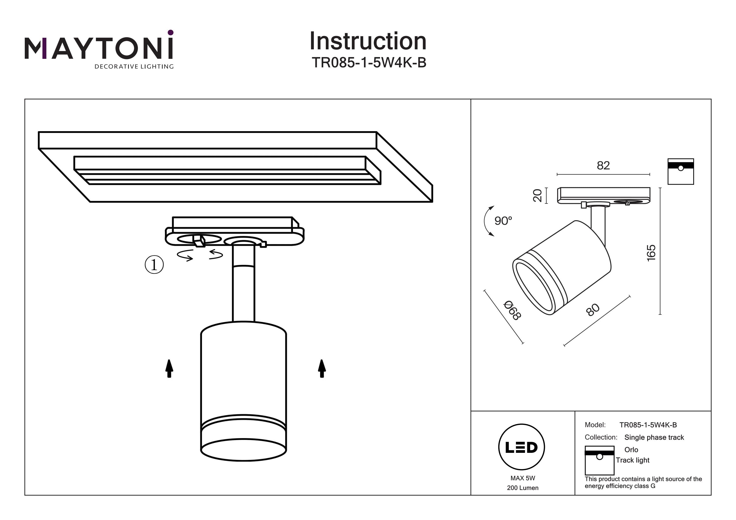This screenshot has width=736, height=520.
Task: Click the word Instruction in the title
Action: pos(368,41)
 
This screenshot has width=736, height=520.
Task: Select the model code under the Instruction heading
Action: pos(369,63)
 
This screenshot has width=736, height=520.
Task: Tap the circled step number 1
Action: pos(154,265)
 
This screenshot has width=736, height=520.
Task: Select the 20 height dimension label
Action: pos(537,195)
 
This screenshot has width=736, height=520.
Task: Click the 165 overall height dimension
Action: pos(651,253)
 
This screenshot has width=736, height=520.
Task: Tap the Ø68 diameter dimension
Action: pos(512,310)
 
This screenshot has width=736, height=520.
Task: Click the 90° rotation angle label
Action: pos(503,221)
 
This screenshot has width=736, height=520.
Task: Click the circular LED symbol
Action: pos(521,447)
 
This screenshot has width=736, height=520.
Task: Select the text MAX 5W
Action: pos(523,478)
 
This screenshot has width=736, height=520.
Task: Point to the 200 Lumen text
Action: pos(523,488)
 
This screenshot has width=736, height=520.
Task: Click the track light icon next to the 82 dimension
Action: pos(681,171)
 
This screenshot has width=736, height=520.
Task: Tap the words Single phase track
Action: pos(654,437)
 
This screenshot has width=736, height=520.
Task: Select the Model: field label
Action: pos(595,425)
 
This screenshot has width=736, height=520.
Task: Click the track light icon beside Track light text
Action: pos(599,460)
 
